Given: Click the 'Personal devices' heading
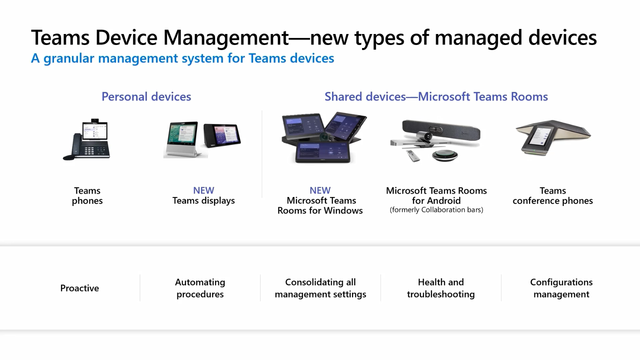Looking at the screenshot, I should point(146,97).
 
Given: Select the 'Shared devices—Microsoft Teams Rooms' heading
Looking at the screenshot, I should point(436,97).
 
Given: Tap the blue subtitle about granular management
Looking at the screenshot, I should point(183,58).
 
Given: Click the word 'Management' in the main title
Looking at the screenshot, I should point(226,38).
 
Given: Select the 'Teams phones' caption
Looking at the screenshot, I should point(87,195).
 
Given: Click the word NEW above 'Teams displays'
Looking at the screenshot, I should point(203,190).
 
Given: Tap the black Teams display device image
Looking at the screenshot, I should point(222,135).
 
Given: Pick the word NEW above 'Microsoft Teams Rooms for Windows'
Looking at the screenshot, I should point(320,190).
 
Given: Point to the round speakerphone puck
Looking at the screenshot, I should point(445,155).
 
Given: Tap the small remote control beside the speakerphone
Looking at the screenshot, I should point(413,156).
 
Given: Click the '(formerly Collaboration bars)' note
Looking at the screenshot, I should point(436,210).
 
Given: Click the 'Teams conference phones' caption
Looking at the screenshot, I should point(552,195).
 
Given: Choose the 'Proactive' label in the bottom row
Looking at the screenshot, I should point(79,288).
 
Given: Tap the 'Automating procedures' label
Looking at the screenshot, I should point(200,288).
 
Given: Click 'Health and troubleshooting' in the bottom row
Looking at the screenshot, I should point(441,288).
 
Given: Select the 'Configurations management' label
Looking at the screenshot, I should point(561,288).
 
